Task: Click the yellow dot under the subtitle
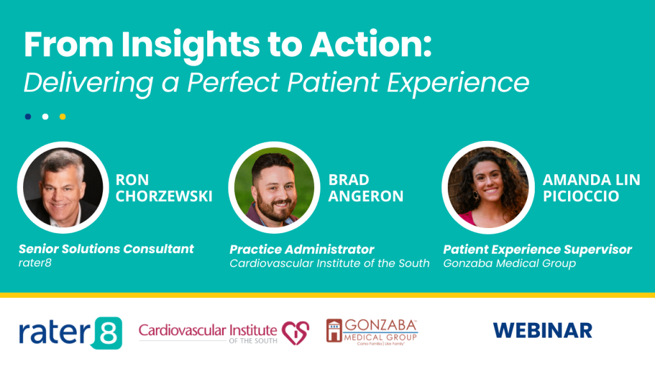tap(63, 117)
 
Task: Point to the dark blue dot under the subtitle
tap(28, 117)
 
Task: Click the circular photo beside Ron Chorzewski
tap(63, 186)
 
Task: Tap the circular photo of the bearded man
tap(274, 186)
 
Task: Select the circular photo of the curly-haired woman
tap(486, 186)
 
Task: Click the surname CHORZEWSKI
tap(164, 196)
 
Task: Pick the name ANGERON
tap(366, 196)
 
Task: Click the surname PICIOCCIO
tap(581, 196)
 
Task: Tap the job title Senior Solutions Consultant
tap(106, 249)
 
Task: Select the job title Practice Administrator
tap(302, 249)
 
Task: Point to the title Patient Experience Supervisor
tap(537, 249)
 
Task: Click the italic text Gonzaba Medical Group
tap(509, 263)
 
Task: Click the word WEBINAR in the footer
tap(542, 331)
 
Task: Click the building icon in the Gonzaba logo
tap(335, 330)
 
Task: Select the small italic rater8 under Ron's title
tap(35, 263)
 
